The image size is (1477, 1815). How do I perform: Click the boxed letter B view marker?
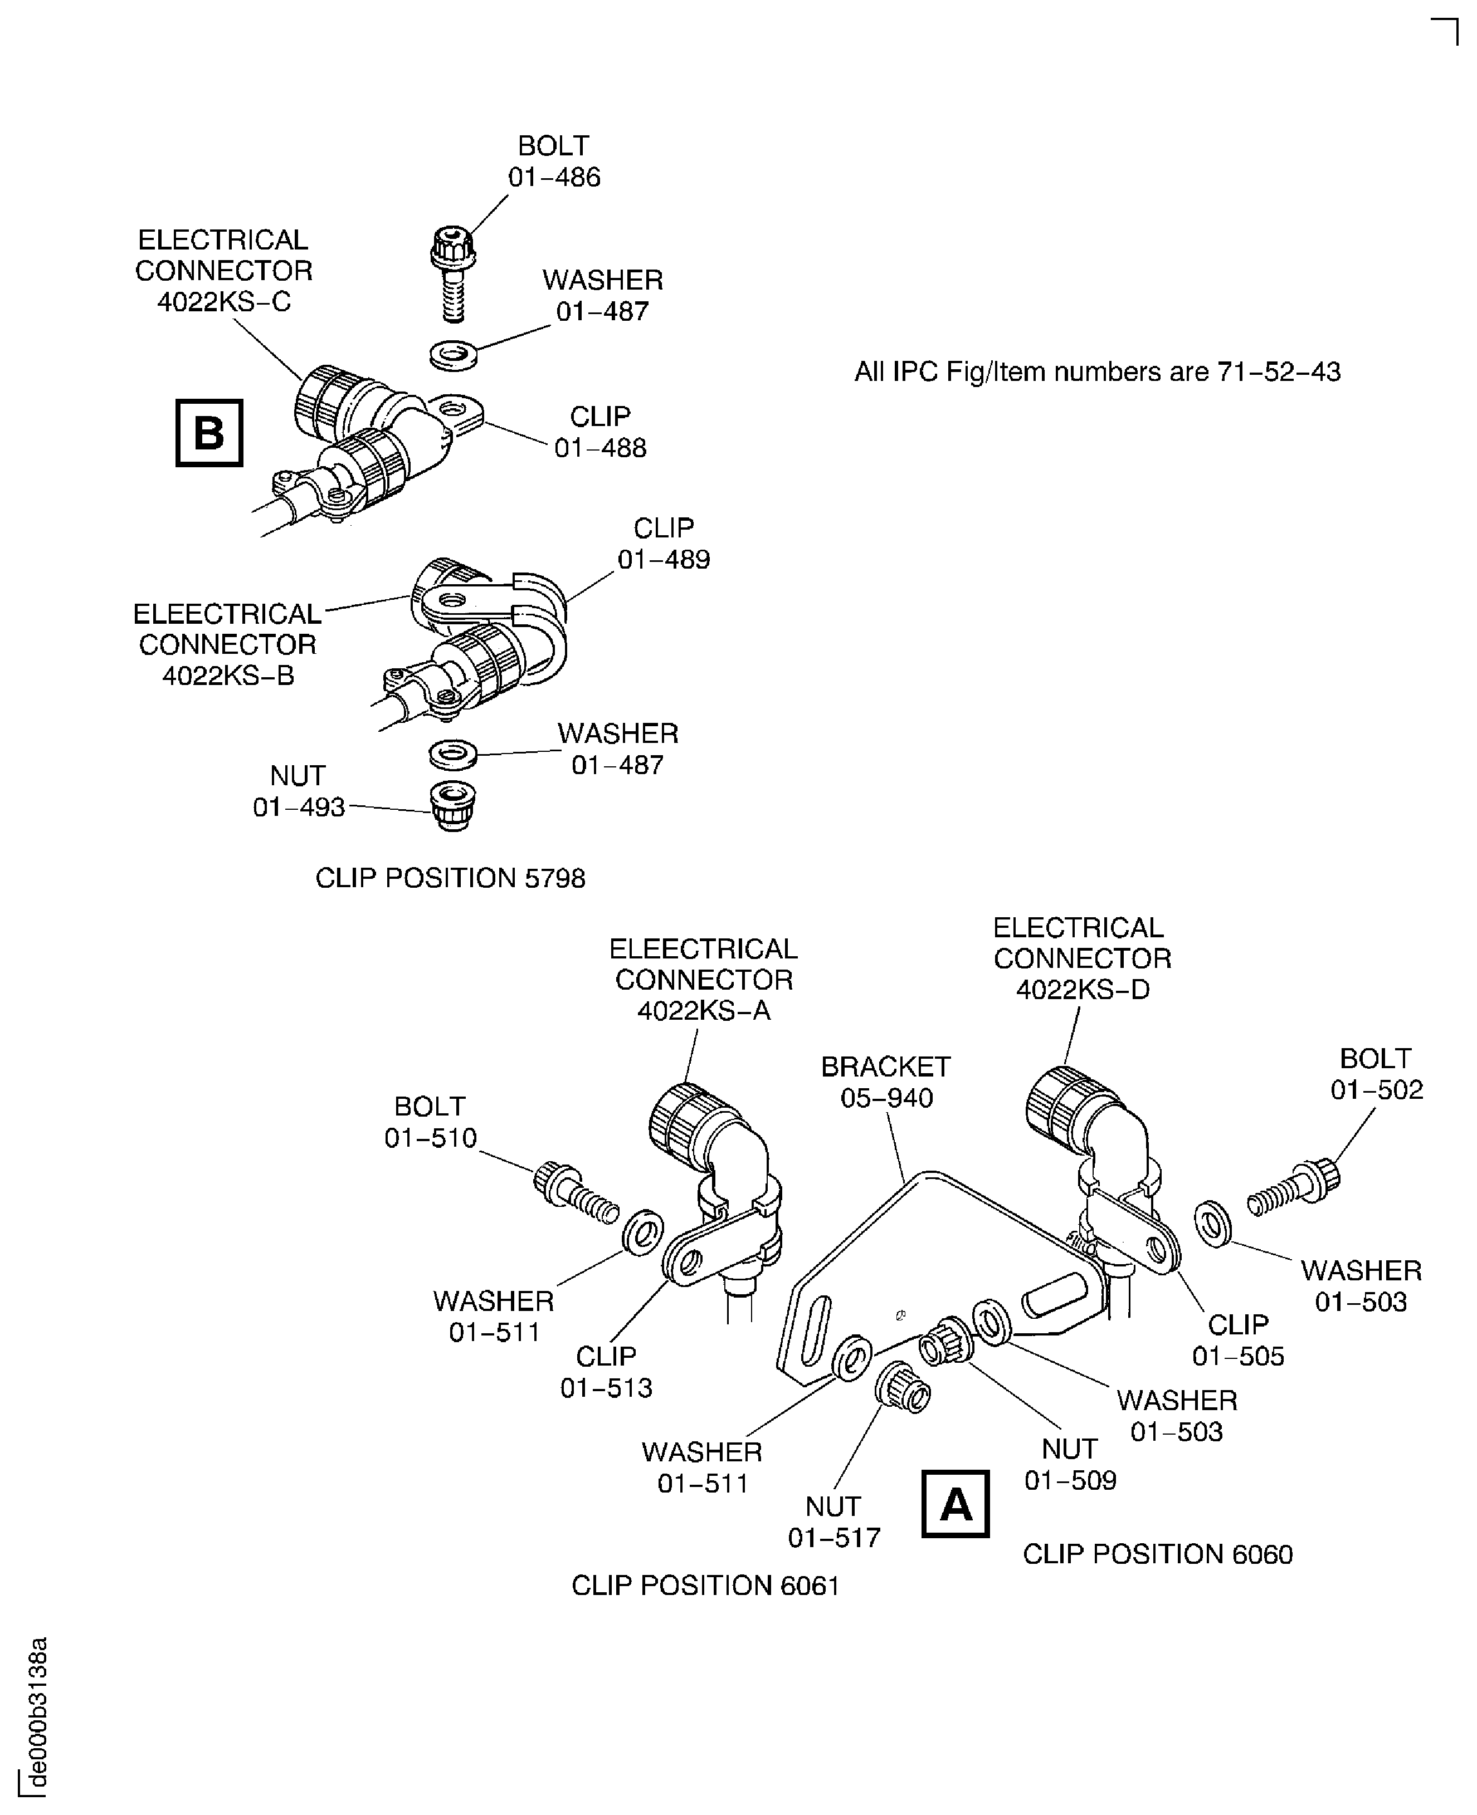208,433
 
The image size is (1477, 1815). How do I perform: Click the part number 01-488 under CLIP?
600,448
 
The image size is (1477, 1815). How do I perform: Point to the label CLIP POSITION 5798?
450,878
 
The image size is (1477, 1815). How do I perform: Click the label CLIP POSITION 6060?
1157,1554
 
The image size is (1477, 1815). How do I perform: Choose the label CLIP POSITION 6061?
705,1586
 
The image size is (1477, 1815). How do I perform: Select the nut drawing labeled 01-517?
903,1387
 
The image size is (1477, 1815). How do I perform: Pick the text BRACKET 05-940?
886,1082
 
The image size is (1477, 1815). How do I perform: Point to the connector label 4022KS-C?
224,301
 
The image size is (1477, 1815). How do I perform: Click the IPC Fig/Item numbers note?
1096,371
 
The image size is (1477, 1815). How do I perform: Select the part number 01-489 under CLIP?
664,560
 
